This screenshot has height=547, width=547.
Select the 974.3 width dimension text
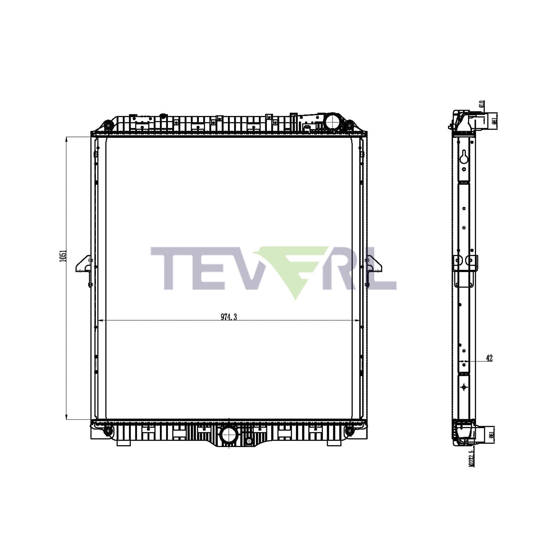click(x=229, y=317)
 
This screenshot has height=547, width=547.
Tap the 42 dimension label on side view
click(x=489, y=358)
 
